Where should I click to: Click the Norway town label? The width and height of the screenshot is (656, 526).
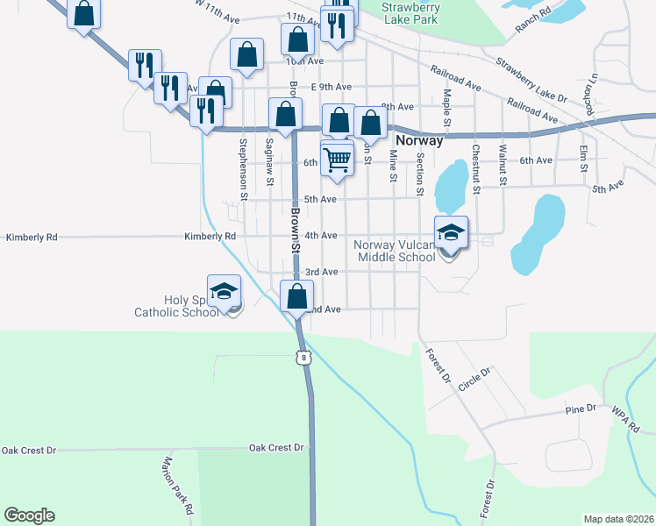click(419, 140)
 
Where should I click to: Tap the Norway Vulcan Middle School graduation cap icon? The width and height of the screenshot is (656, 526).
click(451, 233)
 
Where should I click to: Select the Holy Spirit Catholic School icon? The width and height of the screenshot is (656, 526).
click(224, 292)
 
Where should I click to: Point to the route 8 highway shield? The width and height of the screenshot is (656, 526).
click(303, 357)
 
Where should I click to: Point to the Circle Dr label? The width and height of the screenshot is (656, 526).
click(475, 379)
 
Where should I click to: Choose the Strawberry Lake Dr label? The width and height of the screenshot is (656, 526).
click(531, 78)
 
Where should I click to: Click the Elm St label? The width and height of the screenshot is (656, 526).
click(583, 158)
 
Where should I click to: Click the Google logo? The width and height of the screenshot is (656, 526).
click(29, 515)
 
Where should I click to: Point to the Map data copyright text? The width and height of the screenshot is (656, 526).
click(617, 519)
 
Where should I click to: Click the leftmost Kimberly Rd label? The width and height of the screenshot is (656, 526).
click(32, 237)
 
